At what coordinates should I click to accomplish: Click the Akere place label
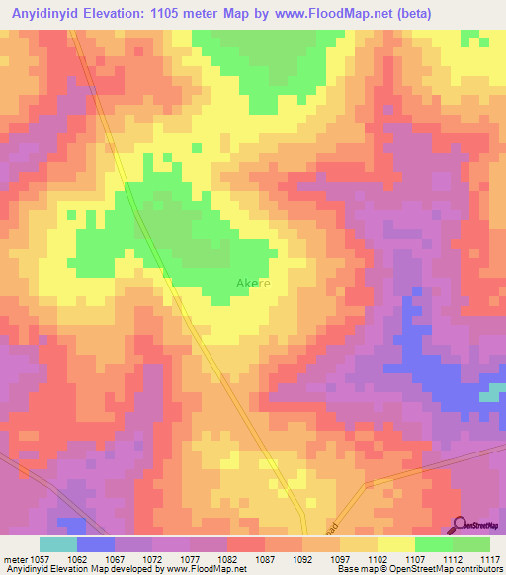pyautogui.click(x=253, y=285)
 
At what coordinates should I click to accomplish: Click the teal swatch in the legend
pyautogui.click(x=58, y=544)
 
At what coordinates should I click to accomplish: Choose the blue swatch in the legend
pyautogui.click(x=96, y=544)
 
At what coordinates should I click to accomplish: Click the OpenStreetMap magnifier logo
pyautogui.click(x=460, y=525)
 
